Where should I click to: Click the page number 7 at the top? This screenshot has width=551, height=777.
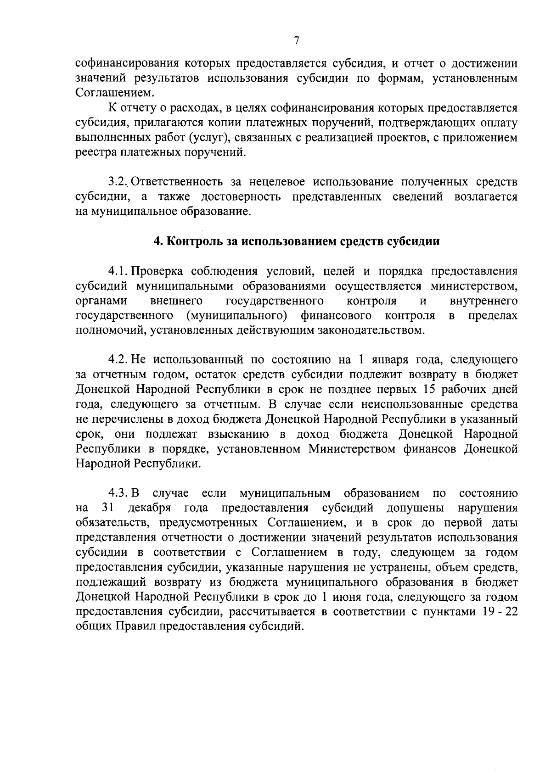(x=296, y=40)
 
